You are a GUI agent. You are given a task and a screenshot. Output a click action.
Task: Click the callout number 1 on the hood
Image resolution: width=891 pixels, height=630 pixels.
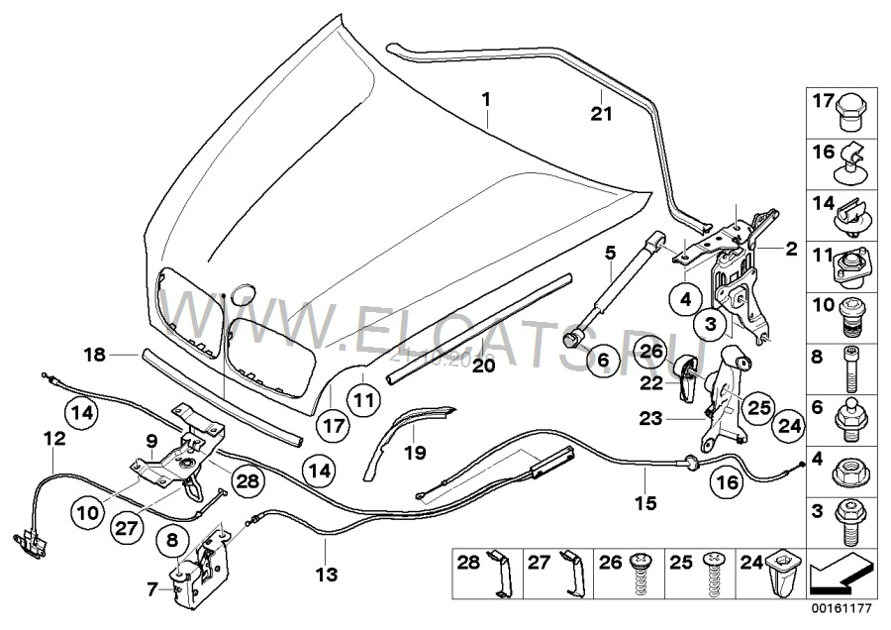coord(486,99)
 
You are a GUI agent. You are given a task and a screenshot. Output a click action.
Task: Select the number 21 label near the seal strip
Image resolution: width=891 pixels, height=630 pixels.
coord(603,114)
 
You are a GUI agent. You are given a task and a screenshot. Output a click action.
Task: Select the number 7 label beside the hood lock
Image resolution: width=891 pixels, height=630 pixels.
coord(151,588)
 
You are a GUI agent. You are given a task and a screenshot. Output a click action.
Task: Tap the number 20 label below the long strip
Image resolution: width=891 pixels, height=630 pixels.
coord(482,366)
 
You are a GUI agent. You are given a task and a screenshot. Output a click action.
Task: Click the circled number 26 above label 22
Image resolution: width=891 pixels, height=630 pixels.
coord(649,351)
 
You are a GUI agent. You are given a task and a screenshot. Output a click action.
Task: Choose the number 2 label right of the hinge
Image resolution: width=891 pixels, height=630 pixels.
coord(790,250)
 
